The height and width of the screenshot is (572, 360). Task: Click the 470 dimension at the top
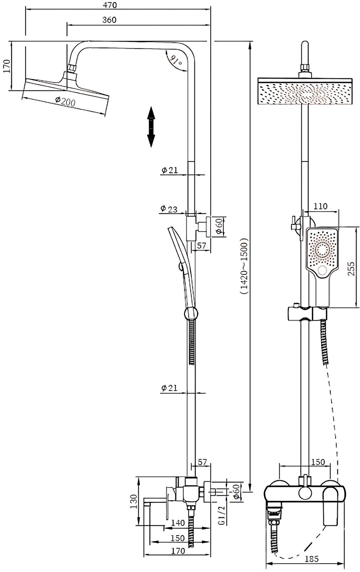pos(110,5)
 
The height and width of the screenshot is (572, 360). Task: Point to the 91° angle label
pos(176,61)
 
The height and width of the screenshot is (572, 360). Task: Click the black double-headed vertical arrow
pos(151,127)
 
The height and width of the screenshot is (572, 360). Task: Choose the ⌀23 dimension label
pos(169,209)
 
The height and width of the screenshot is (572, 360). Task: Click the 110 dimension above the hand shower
pos(320,206)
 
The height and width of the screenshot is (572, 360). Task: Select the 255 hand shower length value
pos(351,268)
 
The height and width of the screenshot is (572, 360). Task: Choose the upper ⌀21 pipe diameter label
pos(169,170)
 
